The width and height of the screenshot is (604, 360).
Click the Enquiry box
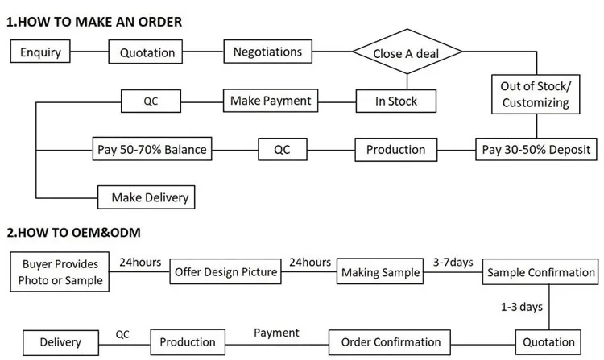[x=40, y=53]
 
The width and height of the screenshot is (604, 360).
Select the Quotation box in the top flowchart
[x=147, y=53]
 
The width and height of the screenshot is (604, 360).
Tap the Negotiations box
[x=267, y=52]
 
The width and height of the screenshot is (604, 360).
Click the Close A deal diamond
[x=407, y=54]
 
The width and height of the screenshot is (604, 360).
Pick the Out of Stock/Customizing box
[x=536, y=94]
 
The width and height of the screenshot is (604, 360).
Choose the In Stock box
[x=396, y=101]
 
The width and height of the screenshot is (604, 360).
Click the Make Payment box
[x=270, y=101]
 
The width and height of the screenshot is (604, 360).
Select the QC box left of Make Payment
[x=151, y=101]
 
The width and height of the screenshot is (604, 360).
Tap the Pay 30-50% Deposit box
[x=536, y=149]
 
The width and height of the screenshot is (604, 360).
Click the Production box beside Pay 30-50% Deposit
[x=395, y=149]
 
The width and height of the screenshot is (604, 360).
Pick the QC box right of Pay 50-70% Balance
[x=282, y=149]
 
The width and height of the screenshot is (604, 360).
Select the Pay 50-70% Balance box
[x=152, y=149]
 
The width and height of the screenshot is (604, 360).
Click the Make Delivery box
[x=147, y=197]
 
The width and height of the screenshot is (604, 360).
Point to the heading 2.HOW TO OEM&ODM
[x=73, y=233]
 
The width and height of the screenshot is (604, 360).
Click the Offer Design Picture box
[x=226, y=272]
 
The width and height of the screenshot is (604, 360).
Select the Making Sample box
[x=380, y=272]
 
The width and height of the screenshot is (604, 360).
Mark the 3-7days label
[x=453, y=262]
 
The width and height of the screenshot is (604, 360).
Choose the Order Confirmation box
[x=391, y=342]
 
